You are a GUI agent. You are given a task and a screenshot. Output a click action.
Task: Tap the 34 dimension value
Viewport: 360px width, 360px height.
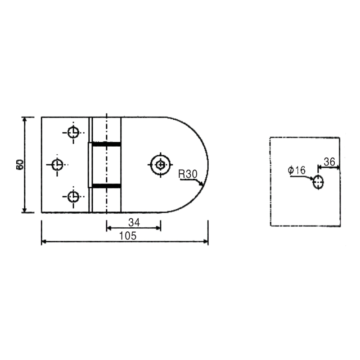133,222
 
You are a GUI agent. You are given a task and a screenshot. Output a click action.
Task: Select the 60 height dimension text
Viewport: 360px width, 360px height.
20,164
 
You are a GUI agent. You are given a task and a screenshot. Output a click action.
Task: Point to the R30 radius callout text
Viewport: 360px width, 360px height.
188,174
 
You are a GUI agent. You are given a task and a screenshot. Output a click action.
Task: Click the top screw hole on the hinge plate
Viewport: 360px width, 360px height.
73,132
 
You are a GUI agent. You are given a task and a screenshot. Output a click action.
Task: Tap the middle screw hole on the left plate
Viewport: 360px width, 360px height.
57,165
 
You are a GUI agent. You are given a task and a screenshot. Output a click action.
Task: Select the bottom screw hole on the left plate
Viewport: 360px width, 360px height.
73,197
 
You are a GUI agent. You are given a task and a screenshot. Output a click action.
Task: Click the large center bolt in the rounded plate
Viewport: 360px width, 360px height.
161,165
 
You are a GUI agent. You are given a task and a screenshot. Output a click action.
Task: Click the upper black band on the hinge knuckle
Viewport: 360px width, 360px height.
107,144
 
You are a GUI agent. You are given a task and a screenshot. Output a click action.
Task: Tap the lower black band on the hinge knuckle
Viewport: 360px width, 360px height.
107,185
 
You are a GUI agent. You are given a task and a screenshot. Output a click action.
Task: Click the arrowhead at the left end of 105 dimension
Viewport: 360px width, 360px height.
44,242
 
